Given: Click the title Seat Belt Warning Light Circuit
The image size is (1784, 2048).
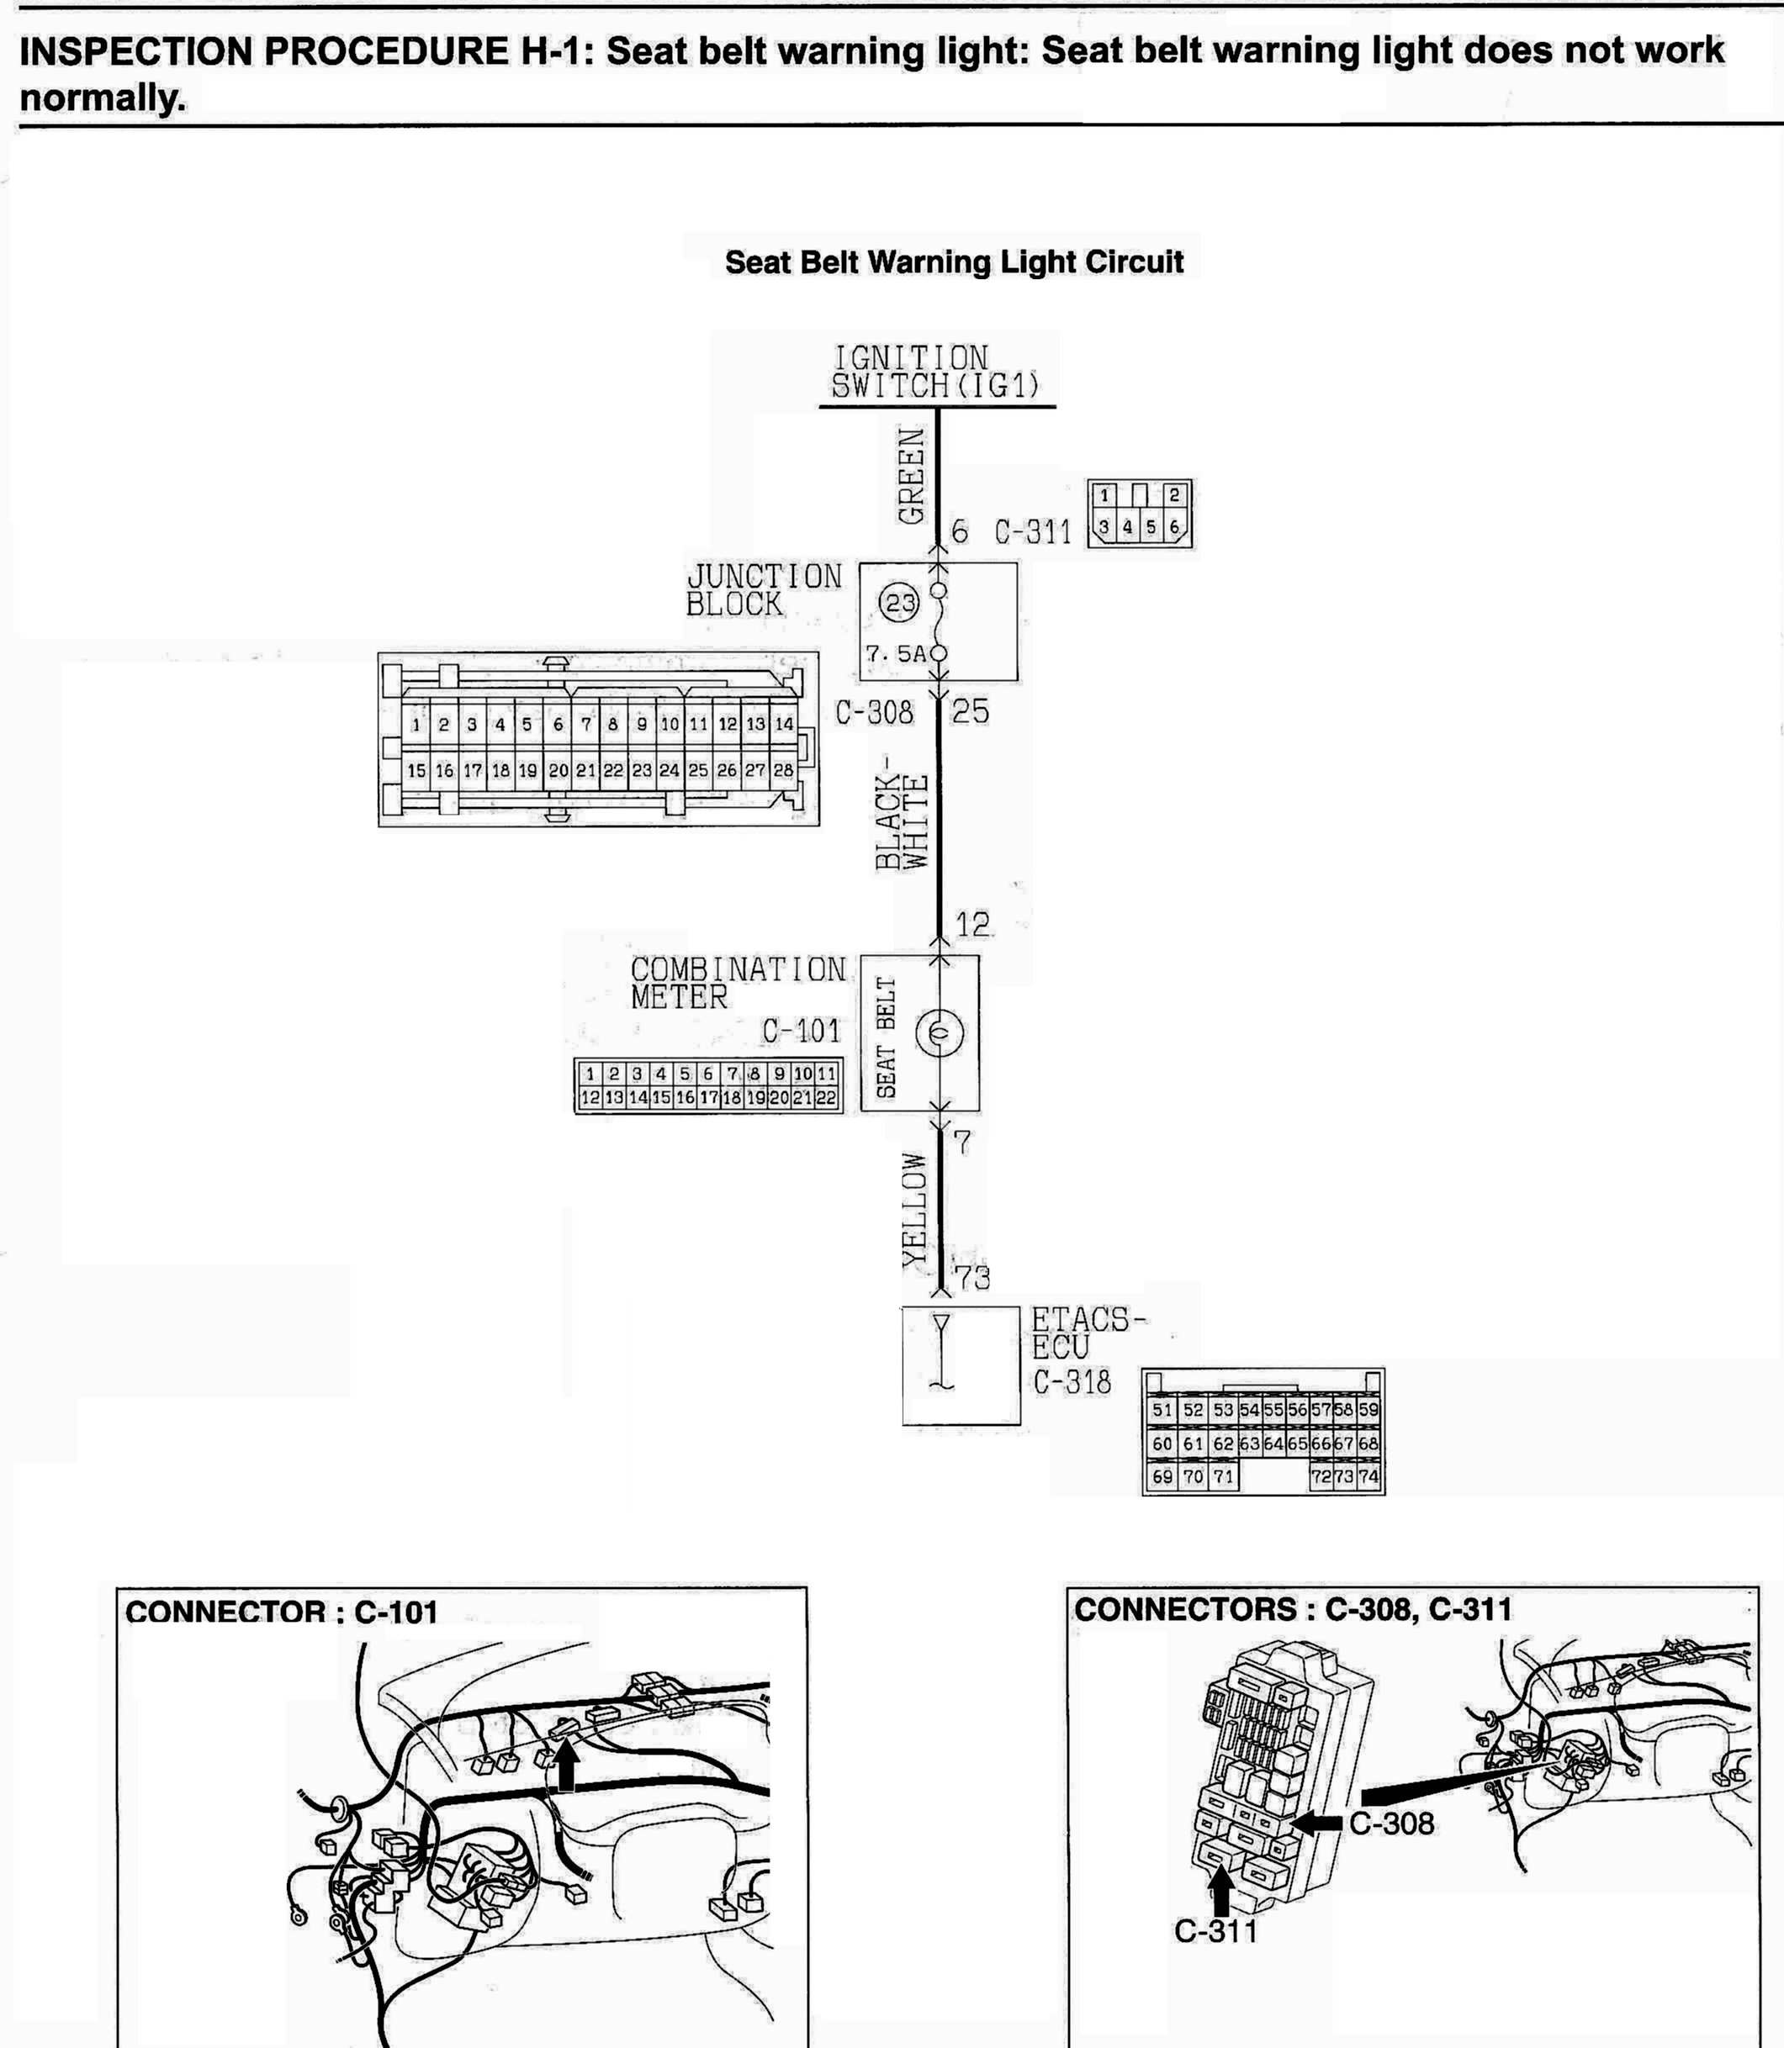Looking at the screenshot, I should coord(954,262).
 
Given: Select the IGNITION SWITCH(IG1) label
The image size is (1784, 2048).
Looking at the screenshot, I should coord(936,372).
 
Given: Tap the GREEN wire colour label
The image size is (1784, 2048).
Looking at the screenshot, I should coord(911,475).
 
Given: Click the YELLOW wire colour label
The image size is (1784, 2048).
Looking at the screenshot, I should coord(914,1210).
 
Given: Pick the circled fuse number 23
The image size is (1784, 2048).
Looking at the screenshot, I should coord(901,603).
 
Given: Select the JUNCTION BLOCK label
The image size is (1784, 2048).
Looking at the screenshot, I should coord(763,589).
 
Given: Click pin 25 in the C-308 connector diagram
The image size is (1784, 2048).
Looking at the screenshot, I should coord(698,770).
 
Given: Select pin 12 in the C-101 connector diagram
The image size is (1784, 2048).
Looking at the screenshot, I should coord(590,1098).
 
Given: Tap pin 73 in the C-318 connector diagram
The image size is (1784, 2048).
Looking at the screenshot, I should coord(1344,1477).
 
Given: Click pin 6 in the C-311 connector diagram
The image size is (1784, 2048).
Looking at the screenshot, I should coord(1175,526).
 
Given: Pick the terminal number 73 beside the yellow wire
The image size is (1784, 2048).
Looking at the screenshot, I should coord(971,1278).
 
